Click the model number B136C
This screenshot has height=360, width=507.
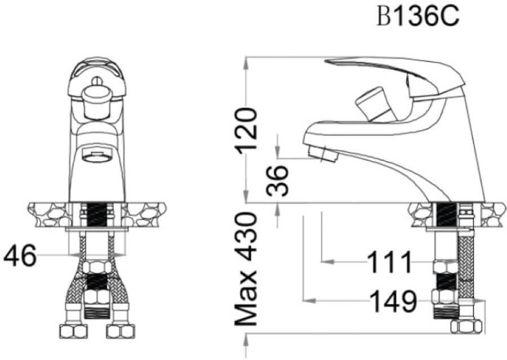click(x=418, y=16)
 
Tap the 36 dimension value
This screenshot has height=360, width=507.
click(x=277, y=180)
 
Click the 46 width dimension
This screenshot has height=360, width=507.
click(x=20, y=255)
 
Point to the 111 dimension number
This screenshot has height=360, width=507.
click(x=390, y=261)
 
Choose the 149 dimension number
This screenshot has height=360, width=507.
click(x=394, y=301)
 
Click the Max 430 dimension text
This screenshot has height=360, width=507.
click(x=246, y=269)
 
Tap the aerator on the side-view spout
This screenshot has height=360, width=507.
click(x=322, y=153)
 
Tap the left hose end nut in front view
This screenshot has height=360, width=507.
click(x=74, y=331)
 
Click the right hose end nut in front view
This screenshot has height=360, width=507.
click(x=121, y=331)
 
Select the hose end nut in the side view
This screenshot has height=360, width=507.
click(x=466, y=326)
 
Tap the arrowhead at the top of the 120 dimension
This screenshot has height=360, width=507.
click(x=247, y=64)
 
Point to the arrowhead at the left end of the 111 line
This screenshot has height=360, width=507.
click(x=328, y=261)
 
